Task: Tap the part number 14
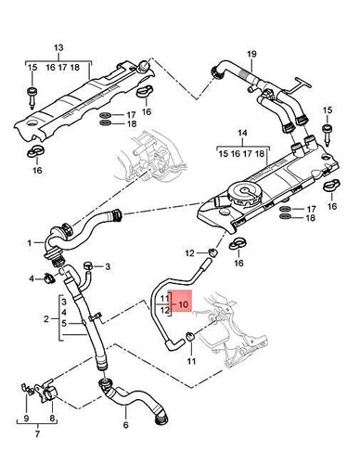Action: (x=244, y=134)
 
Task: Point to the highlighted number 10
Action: (x=182, y=303)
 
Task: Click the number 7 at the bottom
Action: (x=36, y=432)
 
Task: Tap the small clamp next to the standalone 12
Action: (x=214, y=252)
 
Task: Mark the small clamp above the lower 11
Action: (x=189, y=332)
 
